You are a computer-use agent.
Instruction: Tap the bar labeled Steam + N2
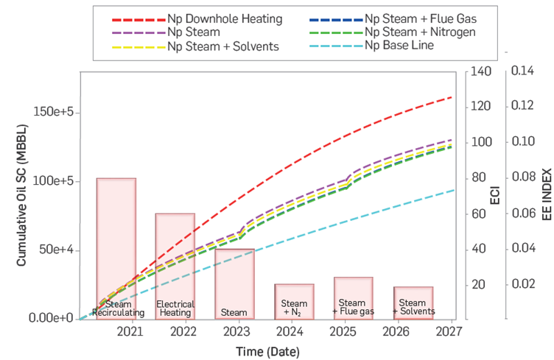pos(294,301)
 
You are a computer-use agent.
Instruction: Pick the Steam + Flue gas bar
pos(353,297)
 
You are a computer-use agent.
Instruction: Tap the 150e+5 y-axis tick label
pos(57,112)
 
